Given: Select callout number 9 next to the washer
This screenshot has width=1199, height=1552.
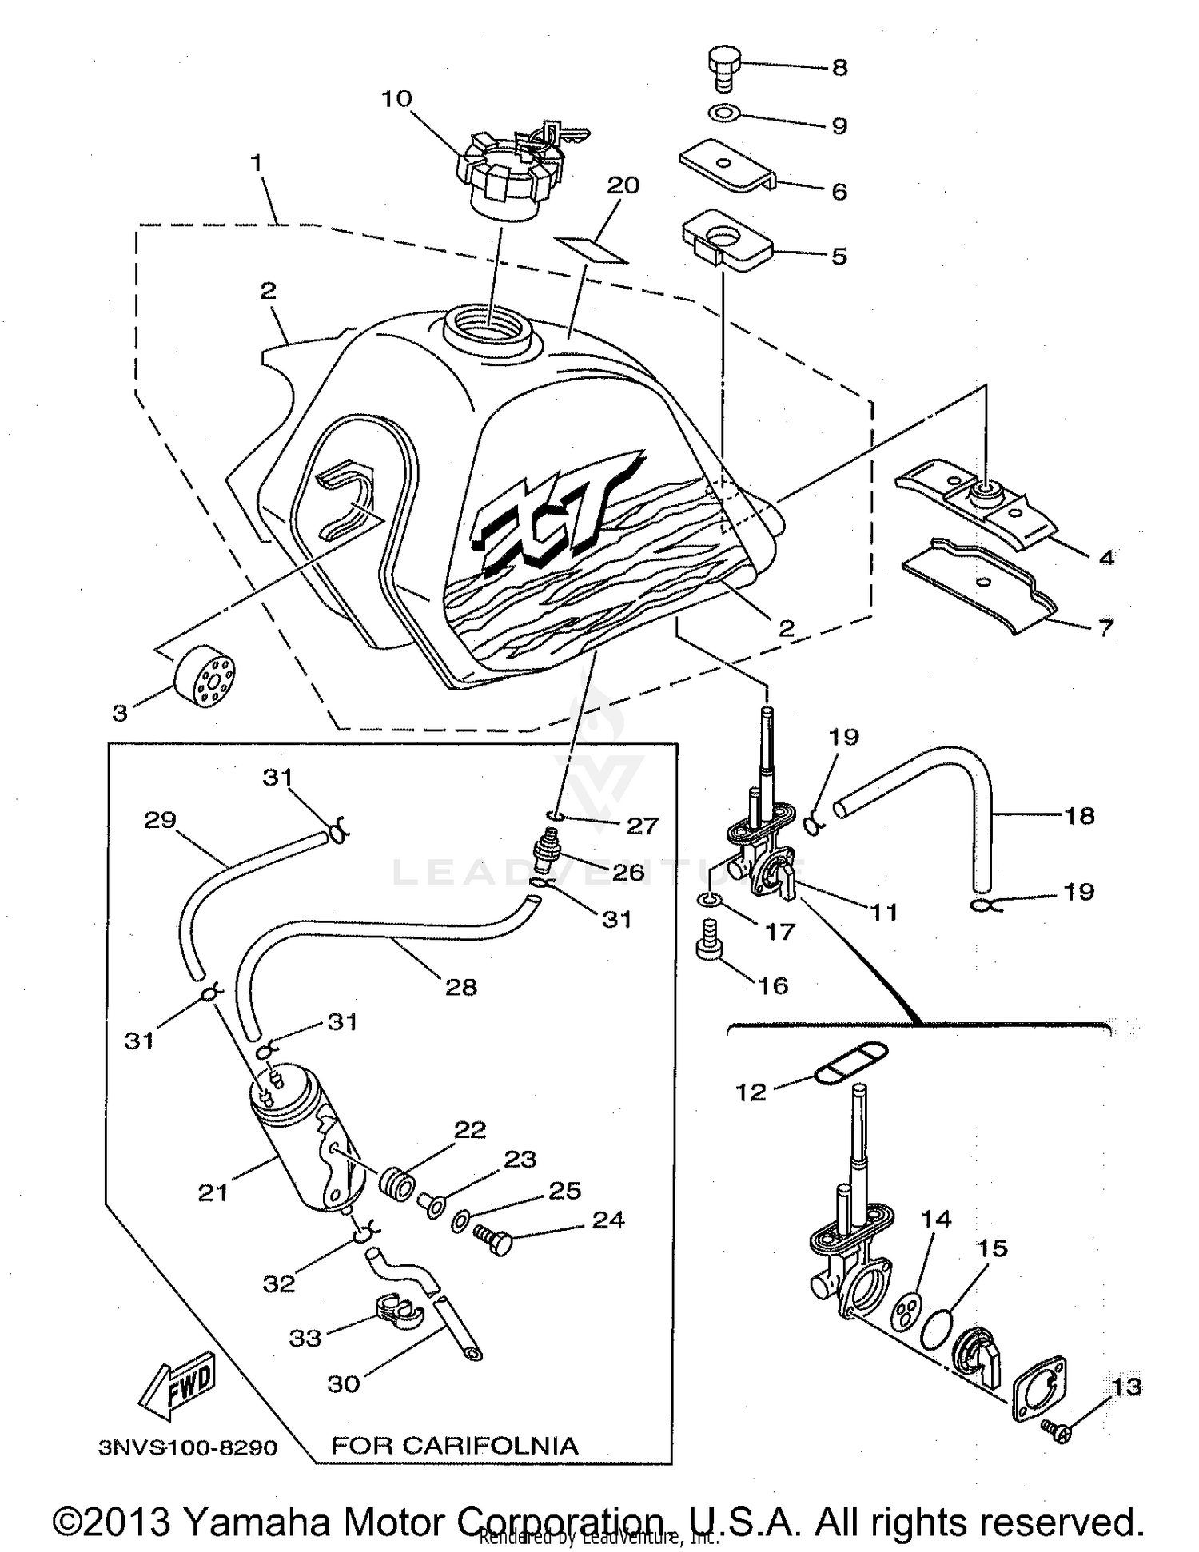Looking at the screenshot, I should tap(839, 126).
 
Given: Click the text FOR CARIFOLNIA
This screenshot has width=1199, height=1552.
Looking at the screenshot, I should tap(454, 1445).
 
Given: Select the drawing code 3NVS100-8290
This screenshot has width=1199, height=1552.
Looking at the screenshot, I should tap(188, 1447).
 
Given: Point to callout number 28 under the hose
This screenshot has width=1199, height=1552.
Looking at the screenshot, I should tap(461, 987).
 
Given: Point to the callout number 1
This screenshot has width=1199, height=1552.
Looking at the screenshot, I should tap(256, 163).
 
